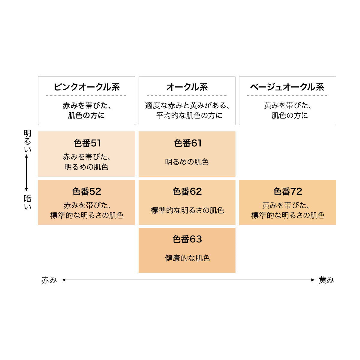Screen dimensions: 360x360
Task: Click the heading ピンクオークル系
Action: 86,87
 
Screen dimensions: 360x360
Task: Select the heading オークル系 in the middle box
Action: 187,87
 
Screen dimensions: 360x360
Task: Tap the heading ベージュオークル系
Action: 287,87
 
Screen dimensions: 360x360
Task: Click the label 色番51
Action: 87,143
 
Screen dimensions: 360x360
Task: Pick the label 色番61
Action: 188,143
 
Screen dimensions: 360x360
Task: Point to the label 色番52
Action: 87,191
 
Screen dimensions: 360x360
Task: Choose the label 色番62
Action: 187,191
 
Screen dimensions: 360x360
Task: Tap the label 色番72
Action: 288,191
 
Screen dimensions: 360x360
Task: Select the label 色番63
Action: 187,239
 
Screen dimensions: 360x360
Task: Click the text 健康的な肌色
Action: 187,258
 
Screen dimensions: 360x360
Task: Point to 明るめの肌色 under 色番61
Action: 187,162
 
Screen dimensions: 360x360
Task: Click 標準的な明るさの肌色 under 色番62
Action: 187,210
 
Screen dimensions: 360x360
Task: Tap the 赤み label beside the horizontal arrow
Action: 49,280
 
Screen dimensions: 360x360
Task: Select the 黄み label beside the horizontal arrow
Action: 326,280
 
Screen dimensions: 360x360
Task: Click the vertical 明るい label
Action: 28,141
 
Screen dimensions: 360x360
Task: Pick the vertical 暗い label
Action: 28,202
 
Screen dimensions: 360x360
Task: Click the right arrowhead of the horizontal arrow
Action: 313,280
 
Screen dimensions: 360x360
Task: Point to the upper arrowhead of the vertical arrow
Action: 26,156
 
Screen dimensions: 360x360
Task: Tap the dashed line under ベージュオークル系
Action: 287,95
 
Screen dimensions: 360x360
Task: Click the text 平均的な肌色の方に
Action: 189,115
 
